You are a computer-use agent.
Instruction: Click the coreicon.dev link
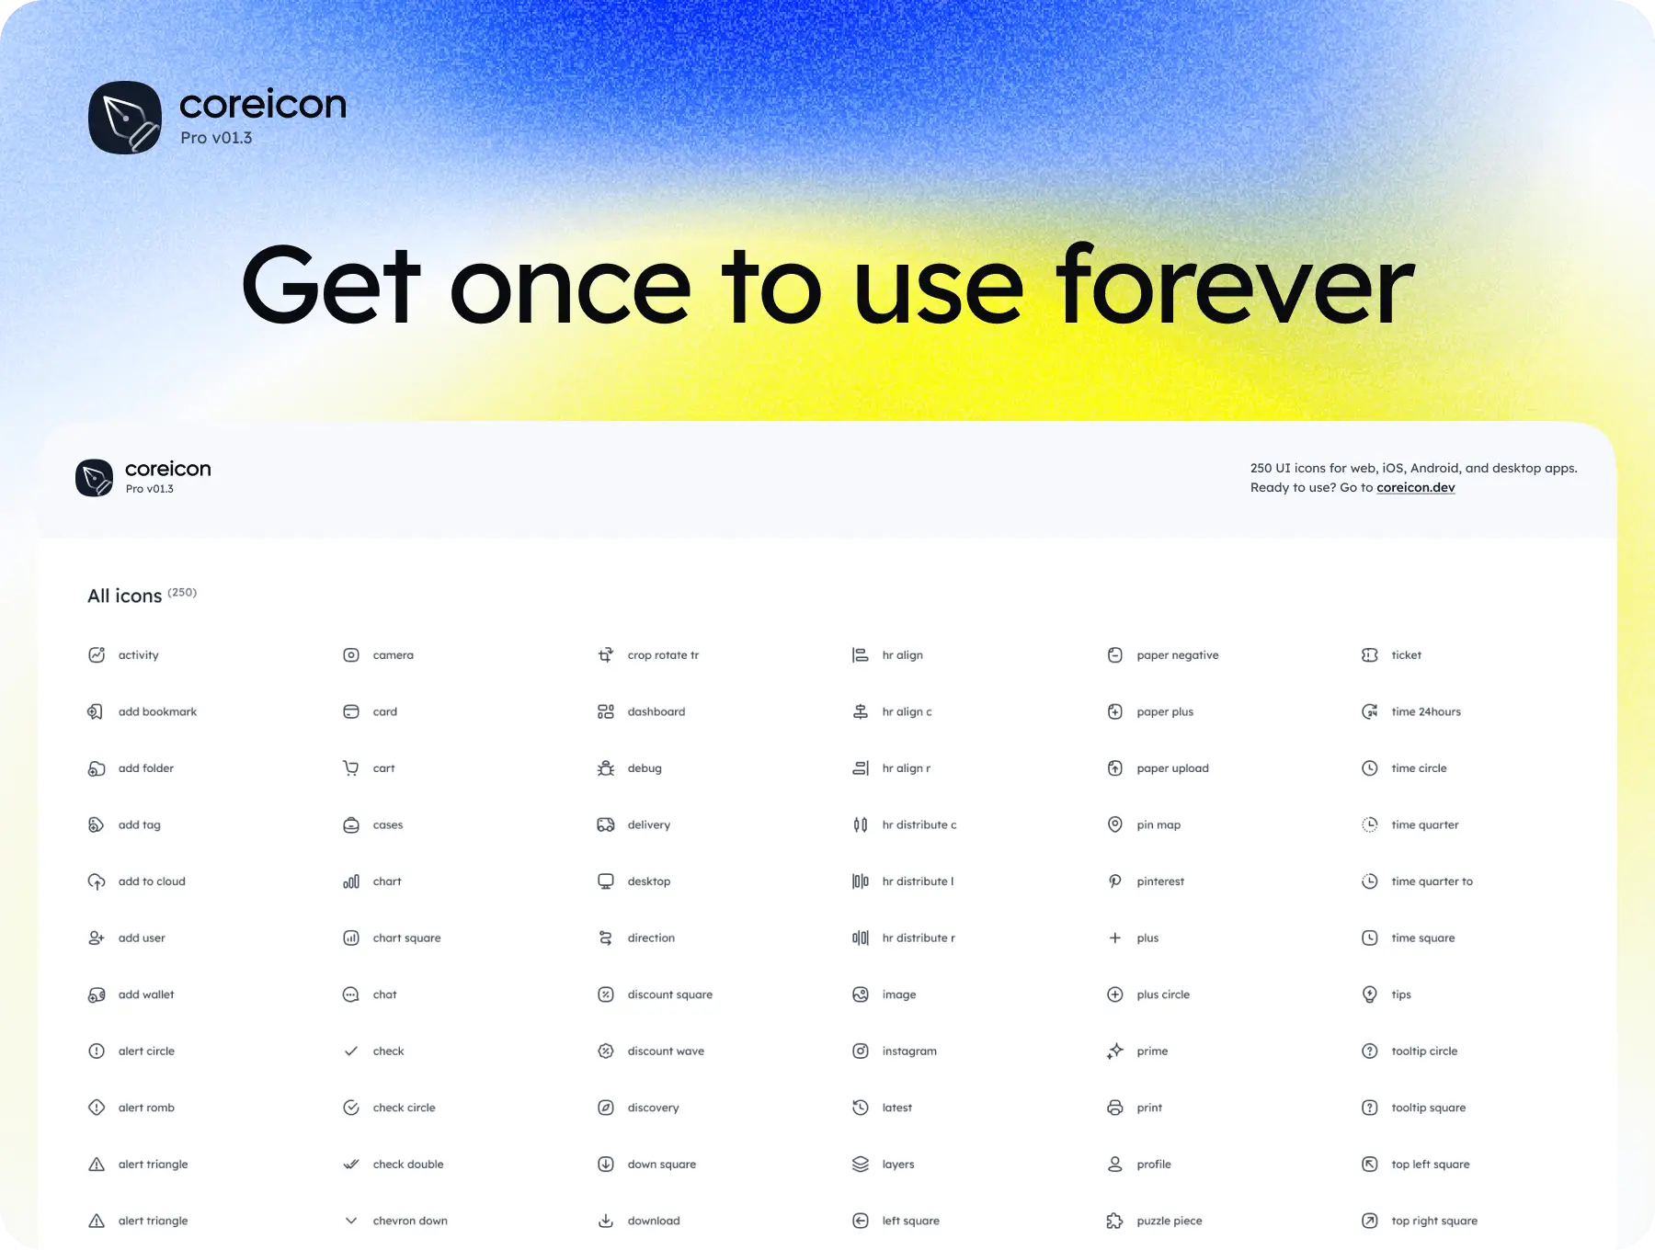(x=1415, y=488)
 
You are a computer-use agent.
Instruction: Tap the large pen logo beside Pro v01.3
(x=125, y=118)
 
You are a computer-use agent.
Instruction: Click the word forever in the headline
(x=1235, y=285)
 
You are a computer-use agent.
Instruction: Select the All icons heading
(x=124, y=597)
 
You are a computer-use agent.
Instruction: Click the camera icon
(x=351, y=655)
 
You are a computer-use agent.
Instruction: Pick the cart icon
(x=351, y=768)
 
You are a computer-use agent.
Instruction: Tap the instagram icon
(x=861, y=1051)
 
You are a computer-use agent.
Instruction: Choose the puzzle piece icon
(x=1115, y=1221)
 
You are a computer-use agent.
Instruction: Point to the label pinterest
(x=1160, y=881)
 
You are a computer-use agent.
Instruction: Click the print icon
(x=1115, y=1108)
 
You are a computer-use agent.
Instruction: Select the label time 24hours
(x=1426, y=712)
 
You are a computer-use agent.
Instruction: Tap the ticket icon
(x=1370, y=655)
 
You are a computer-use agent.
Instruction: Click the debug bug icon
(x=606, y=768)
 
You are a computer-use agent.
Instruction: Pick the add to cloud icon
(x=97, y=881)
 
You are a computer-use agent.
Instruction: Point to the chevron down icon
(x=351, y=1221)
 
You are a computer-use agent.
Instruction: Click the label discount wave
(x=666, y=1051)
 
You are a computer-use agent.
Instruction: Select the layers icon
(x=861, y=1165)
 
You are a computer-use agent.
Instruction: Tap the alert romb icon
(x=97, y=1108)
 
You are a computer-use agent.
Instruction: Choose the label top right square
(x=1434, y=1222)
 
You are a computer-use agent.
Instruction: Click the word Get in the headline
(x=331, y=285)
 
